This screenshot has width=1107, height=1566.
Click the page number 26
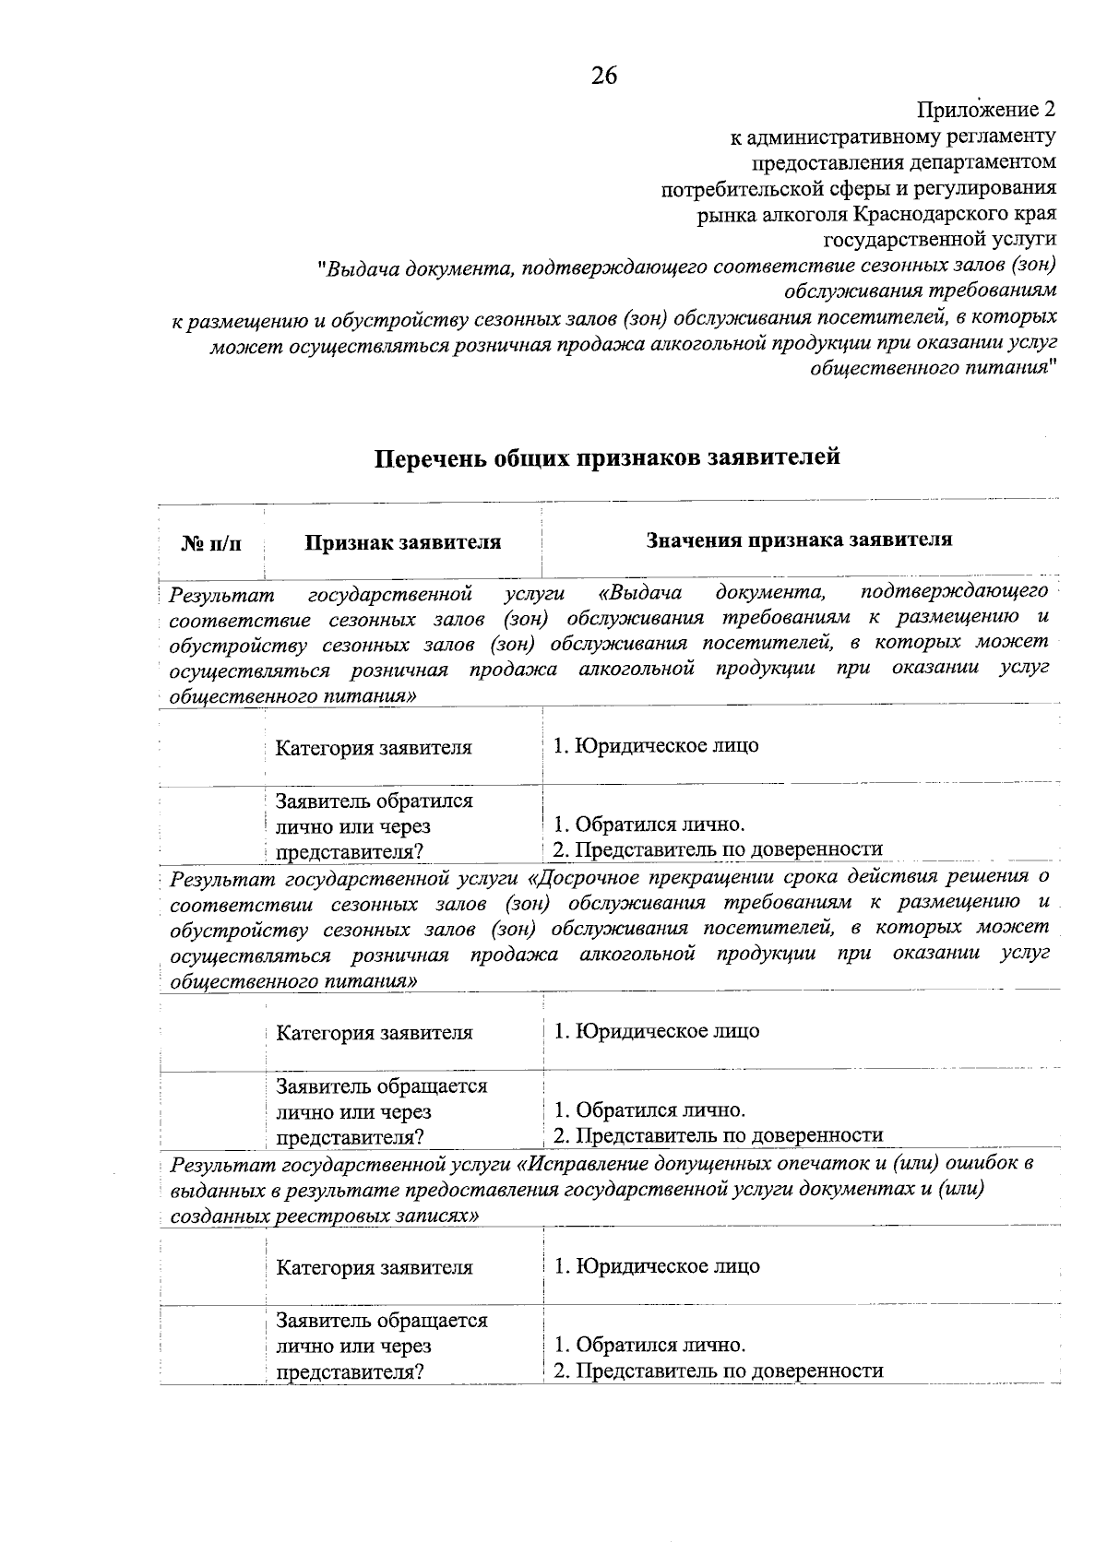click(x=604, y=76)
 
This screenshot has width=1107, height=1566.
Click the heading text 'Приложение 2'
click(x=985, y=110)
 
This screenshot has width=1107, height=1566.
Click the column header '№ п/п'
click(x=211, y=543)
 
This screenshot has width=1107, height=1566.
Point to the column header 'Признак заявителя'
click(x=403, y=542)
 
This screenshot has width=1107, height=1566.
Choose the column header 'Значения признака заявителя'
click(x=799, y=540)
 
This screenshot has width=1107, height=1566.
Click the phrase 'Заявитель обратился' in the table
click(x=374, y=801)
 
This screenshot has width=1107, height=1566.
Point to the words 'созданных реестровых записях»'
click(x=325, y=1216)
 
